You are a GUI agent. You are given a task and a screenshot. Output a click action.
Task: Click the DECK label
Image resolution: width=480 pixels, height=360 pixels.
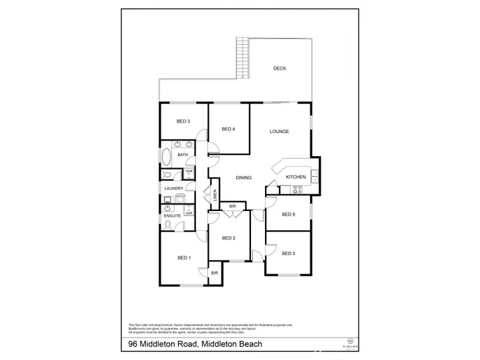(x=279, y=68)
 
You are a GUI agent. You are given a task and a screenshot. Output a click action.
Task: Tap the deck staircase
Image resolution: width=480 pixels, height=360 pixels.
(x=242, y=58)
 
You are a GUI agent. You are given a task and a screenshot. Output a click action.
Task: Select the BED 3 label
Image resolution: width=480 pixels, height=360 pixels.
(x=184, y=121)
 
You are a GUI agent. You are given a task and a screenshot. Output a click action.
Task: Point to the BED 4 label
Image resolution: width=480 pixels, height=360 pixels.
(x=228, y=129)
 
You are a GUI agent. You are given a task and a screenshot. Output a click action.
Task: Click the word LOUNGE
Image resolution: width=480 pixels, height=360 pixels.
(x=279, y=132)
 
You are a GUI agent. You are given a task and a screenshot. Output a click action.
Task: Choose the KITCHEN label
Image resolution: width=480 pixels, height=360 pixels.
(x=295, y=177)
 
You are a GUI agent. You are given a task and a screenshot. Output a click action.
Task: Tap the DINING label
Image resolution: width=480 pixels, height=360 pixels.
(x=243, y=178)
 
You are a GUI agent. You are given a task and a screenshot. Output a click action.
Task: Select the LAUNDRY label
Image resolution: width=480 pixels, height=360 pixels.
(x=174, y=189)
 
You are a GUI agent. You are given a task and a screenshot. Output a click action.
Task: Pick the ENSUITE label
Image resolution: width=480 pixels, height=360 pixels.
(x=173, y=216)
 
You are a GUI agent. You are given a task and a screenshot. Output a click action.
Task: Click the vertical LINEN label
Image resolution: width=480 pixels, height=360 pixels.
(x=215, y=194)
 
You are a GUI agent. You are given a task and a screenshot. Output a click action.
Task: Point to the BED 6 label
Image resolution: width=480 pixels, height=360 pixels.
(x=288, y=214)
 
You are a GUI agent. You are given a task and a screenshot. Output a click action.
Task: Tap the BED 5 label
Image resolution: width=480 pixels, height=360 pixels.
(x=289, y=253)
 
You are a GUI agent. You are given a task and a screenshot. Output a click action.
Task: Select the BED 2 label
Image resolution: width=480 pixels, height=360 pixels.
(x=229, y=238)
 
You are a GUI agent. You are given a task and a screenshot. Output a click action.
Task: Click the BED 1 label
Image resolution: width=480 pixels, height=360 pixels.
(x=184, y=258)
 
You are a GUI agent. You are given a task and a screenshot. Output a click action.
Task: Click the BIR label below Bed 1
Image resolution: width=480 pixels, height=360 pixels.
(x=214, y=273)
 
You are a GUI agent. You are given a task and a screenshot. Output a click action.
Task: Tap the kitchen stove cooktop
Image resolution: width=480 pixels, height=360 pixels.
(x=298, y=189)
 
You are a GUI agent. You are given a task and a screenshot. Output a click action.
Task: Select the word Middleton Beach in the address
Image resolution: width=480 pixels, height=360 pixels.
(x=231, y=345)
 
